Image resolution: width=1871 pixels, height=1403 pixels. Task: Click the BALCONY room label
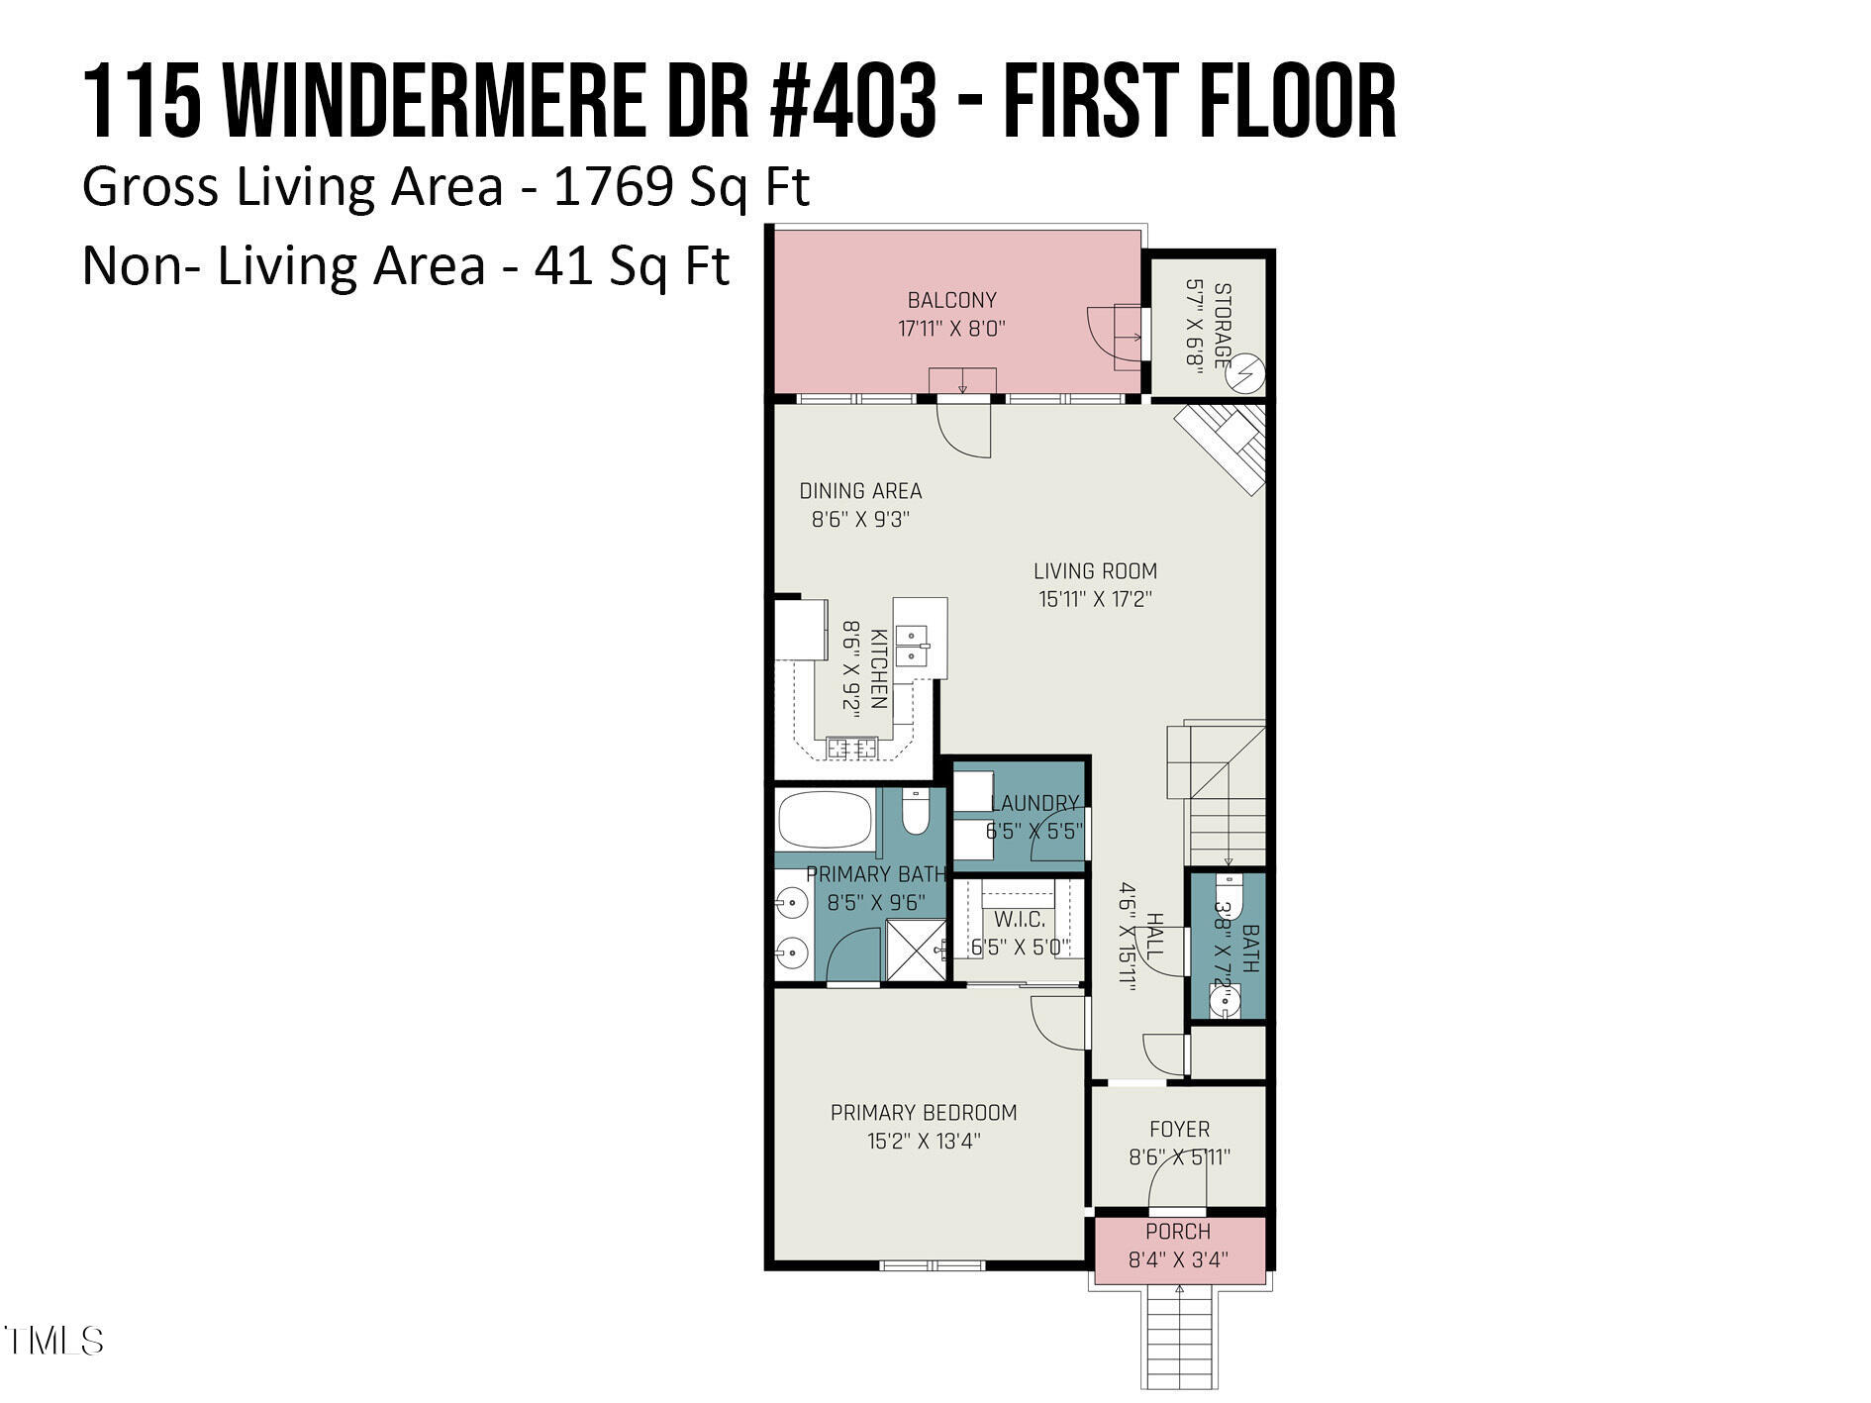pos(951,300)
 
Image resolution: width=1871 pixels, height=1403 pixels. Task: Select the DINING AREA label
pos(860,491)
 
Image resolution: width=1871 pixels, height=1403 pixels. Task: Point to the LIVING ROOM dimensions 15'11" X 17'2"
pos(1095,599)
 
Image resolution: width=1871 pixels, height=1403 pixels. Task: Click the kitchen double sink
pos(911,645)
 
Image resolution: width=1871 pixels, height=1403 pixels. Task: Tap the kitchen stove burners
pos(852,749)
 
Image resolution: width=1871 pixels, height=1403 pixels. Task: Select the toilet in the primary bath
pos(916,813)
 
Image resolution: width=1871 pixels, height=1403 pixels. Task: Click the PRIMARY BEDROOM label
pos(924,1113)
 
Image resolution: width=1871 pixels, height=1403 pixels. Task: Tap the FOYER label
pos(1179,1130)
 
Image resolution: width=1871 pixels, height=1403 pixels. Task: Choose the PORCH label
pos(1178,1232)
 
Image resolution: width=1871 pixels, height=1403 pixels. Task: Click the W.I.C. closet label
pos(1020,920)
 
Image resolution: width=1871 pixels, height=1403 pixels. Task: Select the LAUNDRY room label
pos(1034,803)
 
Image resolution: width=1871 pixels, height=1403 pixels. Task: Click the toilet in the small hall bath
pos(1228,891)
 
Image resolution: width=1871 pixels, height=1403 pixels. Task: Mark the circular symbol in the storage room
pos(1247,373)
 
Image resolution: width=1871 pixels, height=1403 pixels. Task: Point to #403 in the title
pos(852,102)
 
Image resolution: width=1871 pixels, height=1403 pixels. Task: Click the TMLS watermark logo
pos(53,1341)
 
